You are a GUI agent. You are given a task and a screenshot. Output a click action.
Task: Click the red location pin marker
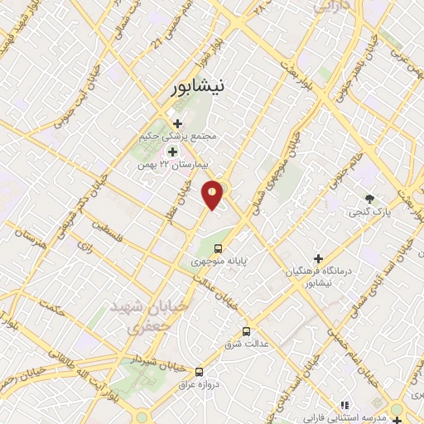213,194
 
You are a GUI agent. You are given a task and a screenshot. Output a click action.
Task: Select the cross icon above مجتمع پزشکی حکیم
177,123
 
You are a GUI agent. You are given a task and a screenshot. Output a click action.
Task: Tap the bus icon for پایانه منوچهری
218,248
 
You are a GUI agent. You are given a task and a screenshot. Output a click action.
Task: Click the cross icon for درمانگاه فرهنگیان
318,258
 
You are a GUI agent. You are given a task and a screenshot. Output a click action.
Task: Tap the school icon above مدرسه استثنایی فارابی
343,406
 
